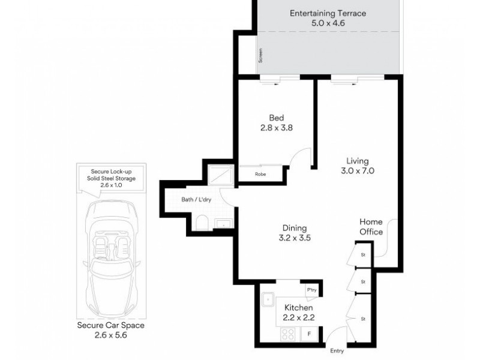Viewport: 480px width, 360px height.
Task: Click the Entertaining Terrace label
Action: (328, 13)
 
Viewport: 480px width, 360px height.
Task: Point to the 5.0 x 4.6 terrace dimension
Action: (328, 23)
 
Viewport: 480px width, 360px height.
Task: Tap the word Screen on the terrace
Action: (260, 56)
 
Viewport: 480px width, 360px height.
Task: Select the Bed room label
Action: (276, 118)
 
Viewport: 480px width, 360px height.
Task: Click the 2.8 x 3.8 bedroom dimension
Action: (276, 128)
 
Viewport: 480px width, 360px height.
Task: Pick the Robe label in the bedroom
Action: (260, 175)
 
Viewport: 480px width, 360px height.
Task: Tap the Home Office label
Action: (371, 227)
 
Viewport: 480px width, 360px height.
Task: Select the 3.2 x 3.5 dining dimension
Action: (295, 238)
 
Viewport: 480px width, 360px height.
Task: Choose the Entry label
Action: (337, 350)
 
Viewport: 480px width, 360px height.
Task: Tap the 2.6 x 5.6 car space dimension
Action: (112, 336)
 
